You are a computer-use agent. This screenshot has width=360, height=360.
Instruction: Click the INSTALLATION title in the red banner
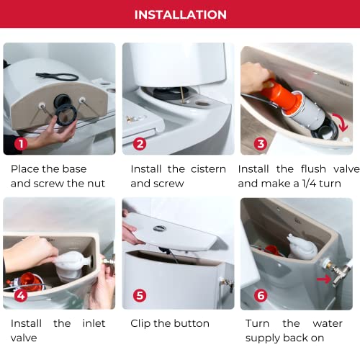[x=181, y=14]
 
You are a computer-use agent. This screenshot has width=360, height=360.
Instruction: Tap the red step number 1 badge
[x=21, y=144]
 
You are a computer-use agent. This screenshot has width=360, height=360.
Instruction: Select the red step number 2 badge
[x=140, y=144]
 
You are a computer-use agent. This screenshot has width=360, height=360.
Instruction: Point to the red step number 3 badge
[x=261, y=144]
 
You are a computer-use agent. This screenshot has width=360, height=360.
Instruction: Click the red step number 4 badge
[x=21, y=295]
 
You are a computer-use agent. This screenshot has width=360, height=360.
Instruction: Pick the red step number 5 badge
[x=140, y=295]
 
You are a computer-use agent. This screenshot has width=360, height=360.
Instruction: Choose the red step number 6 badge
[x=261, y=295]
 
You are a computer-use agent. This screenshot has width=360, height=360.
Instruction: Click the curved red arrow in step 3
[x=343, y=121]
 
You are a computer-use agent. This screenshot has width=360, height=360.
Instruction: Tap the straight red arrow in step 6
[x=324, y=279]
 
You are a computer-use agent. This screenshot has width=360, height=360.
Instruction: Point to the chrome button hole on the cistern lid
[x=160, y=228]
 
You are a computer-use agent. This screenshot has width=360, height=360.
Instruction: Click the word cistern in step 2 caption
[x=208, y=169]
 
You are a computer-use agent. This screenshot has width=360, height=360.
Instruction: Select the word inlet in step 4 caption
[x=94, y=323]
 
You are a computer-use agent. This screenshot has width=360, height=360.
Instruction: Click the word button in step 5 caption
[x=192, y=323]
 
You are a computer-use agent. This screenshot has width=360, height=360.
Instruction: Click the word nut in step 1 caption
[x=96, y=184]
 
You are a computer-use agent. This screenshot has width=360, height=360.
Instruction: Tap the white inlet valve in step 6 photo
[x=302, y=247]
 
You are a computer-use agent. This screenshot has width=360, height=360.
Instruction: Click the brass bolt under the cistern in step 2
[x=182, y=94]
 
